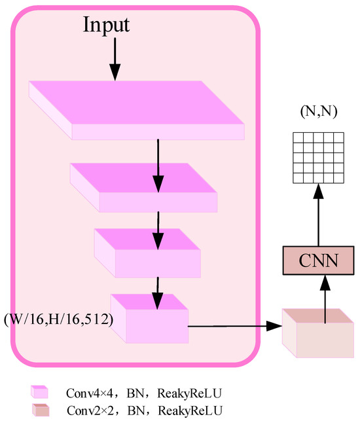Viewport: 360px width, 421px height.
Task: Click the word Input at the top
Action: click(106, 25)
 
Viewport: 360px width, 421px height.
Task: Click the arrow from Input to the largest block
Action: click(115, 59)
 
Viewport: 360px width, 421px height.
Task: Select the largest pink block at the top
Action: click(137, 110)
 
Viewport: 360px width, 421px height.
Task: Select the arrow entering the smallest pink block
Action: click(158, 291)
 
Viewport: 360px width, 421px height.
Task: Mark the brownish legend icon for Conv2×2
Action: click(39, 410)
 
